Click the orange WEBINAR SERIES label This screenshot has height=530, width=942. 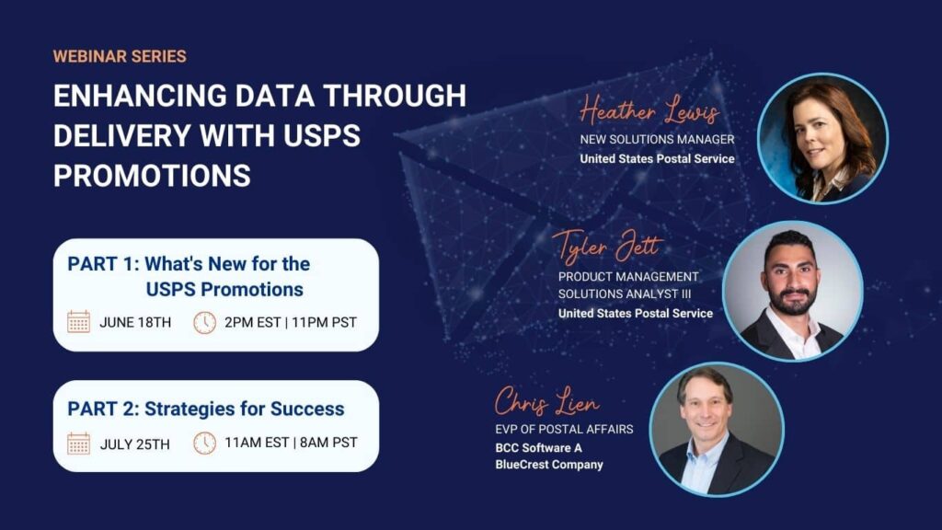tap(120, 56)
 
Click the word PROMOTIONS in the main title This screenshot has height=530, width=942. tap(152, 176)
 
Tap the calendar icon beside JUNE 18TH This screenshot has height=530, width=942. tap(79, 322)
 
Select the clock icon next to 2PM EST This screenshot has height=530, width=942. tap(205, 323)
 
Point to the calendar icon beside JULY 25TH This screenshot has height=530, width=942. tap(79, 444)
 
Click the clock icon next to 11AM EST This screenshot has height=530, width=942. tap(205, 444)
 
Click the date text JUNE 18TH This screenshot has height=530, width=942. tap(135, 323)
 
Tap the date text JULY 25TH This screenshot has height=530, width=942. tap(134, 444)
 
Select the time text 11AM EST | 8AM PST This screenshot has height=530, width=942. tap(291, 443)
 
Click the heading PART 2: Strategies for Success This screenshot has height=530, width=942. tap(206, 409)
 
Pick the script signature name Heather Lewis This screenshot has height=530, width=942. tap(649, 110)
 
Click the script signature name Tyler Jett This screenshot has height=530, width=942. tap(608, 246)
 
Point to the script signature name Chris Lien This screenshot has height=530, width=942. tap(546, 401)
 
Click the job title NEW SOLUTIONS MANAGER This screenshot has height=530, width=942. tap(657, 140)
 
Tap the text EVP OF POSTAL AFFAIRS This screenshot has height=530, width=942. tap(564, 429)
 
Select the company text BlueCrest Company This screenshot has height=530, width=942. tap(549, 465)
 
